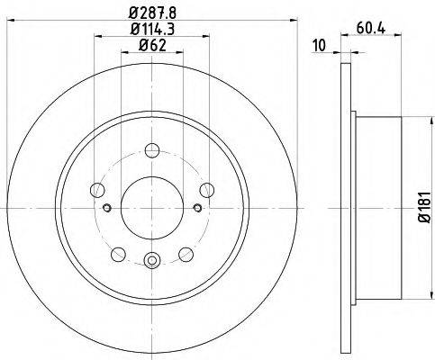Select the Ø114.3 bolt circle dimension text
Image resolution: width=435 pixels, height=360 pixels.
pyautogui.click(x=151, y=31)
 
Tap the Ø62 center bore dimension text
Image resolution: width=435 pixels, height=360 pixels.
pyautogui.click(x=151, y=47)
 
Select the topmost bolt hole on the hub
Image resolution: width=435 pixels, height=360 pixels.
pyautogui.click(x=151, y=151)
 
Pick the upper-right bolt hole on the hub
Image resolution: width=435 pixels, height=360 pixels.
pyautogui.click(x=207, y=189)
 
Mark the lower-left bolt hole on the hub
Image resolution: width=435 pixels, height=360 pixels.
pyautogui.click(x=118, y=255)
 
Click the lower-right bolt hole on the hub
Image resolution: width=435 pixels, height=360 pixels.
pyautogui.click(x=185, y=255)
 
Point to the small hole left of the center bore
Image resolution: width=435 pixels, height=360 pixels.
pyautogui.click(x=107, y=209)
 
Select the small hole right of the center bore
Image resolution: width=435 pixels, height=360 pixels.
pyautogui.click(x=196, y=209)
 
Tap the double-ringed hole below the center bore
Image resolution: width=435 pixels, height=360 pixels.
pyautogui.click(x=150, y=263)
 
